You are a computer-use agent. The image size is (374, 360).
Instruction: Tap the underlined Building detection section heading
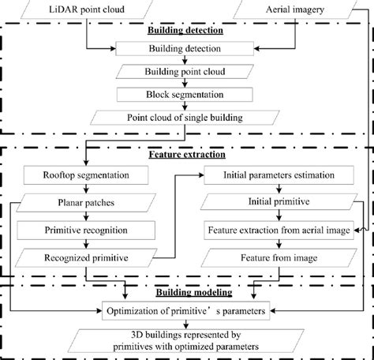pos(186,31)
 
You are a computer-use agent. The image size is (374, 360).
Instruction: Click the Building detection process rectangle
pos(186,49)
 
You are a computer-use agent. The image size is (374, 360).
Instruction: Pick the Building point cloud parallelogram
pos(186,72)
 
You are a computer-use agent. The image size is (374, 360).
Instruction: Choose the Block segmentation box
pos(186,95)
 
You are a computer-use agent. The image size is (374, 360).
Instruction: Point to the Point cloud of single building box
pos(186,118)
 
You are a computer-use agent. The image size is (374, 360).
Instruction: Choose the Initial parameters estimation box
pos(271,174)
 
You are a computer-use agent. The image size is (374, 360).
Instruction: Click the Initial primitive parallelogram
pos(271,201)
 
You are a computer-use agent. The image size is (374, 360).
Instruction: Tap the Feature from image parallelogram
pos(271,258)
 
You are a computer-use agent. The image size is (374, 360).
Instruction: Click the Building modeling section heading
pos(186,292)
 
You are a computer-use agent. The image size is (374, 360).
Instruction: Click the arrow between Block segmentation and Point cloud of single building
pos(186,107)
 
